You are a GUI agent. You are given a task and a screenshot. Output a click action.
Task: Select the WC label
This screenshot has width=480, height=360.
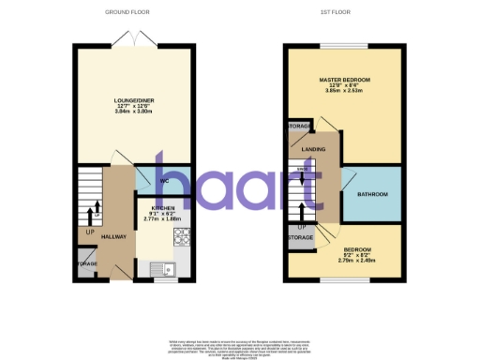(163, 180)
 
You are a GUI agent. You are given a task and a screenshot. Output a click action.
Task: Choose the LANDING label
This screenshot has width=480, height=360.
(313, 149)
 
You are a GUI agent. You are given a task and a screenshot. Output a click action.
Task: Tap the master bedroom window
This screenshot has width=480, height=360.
(344, 45)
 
